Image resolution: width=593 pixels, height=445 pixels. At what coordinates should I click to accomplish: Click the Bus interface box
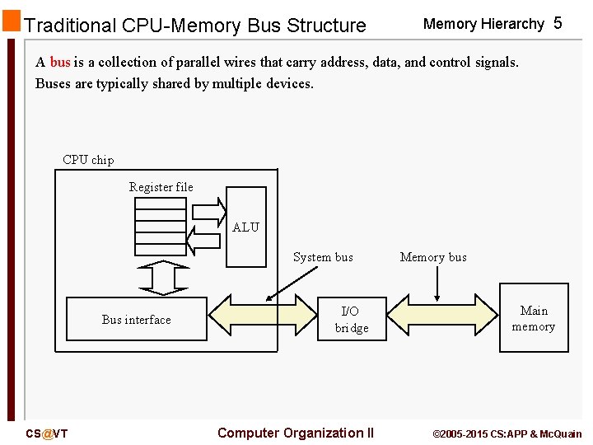(137, 319)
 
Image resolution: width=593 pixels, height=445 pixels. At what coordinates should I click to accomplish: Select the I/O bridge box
(351, 319)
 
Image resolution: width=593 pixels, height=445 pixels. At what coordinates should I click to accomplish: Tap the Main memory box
(534, 318)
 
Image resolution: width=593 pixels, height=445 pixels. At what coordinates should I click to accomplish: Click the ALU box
(246, 227)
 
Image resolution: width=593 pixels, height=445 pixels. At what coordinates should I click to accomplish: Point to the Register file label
(161, 187)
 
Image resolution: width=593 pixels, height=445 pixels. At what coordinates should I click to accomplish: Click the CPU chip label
(88, 160)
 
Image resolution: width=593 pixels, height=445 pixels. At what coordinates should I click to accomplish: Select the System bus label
(323, 257)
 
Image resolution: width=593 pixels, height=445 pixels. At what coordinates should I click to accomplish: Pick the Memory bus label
(433, 257)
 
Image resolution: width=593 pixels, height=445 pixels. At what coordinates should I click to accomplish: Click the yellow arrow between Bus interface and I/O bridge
(263, 317)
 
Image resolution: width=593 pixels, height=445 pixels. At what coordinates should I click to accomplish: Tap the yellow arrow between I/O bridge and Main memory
(442, 317)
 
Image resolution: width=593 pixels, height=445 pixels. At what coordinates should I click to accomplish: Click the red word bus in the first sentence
(60, 63)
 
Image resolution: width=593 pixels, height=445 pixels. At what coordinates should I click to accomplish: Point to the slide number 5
(558, 23)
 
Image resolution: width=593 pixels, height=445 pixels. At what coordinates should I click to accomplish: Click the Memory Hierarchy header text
(483, 24)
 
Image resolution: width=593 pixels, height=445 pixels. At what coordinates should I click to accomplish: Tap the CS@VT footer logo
(47, 433)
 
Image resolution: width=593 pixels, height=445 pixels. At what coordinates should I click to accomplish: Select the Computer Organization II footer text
(296, 433)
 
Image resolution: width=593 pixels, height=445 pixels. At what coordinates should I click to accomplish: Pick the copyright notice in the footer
(507, 433)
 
